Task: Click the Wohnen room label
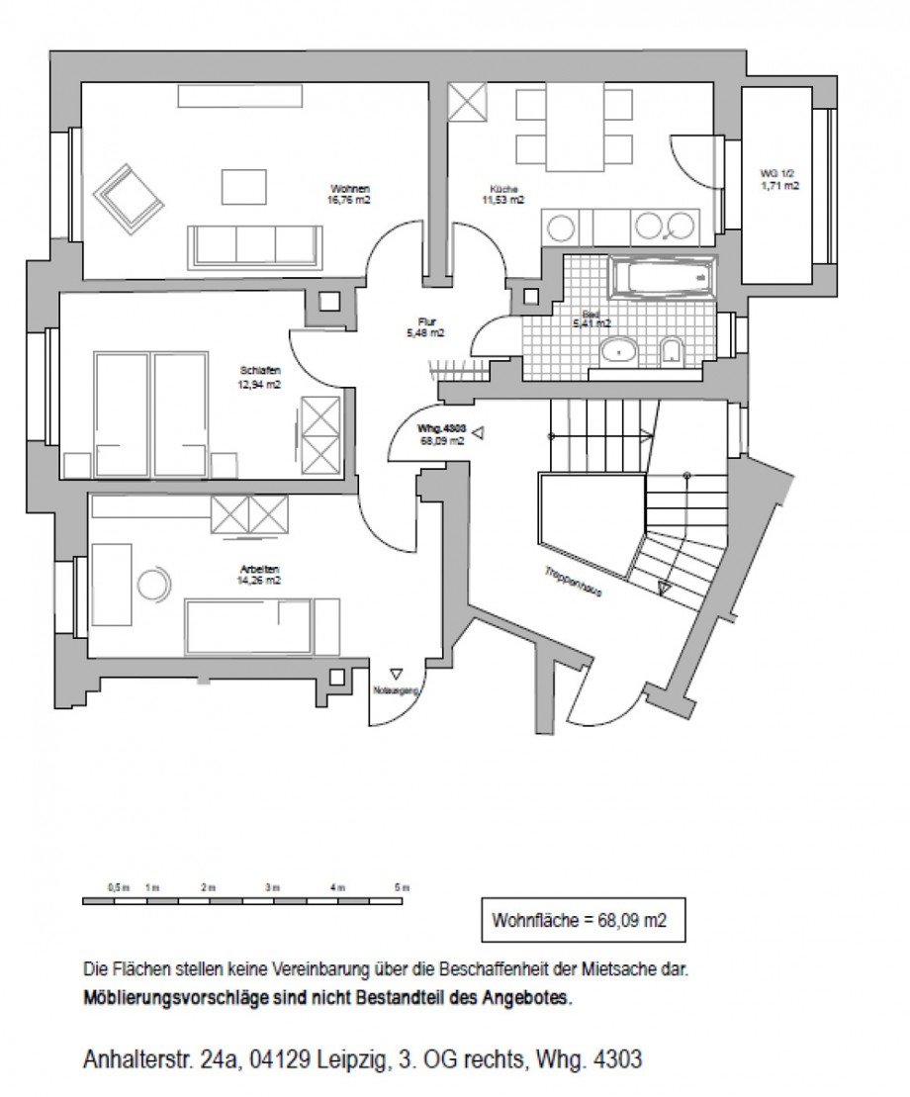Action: click(x=350, y=193)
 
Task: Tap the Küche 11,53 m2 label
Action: click(x=503, y=194)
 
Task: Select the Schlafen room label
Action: click(x=252, y=377)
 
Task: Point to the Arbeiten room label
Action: click(x=261, y=575)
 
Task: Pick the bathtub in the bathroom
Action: click(x=662, y=277)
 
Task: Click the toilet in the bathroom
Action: click(x=673, y=351)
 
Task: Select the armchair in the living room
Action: click(x=129, y=198)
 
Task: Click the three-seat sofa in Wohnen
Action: click(x=255, y=245)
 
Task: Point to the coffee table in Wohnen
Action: click(x=243, y=186)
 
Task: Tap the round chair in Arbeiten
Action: click(x=153, y=585)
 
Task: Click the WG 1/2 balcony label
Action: click(x=779, y=179)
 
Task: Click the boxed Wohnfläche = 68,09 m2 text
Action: click(x=579, y=920)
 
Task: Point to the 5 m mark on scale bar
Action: click(x=400, y=888)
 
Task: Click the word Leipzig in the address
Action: click(x=351, y=1059)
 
